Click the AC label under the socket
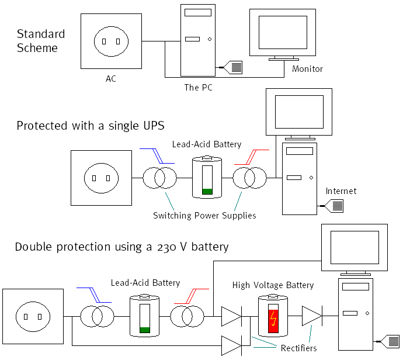pyautogui.click(x=111, y=78)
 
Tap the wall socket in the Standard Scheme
pyautogui.click(x=111, y=41)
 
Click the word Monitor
pyautogui.click(x=307, y=69)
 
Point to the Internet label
pyautogui.click(x=341, y=191)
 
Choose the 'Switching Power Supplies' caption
pyautogui.click(x=204, y=216)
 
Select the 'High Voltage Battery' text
pyautogui.click(x=273, y=285)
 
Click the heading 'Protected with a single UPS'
pyautogui.click(x=91, y=126)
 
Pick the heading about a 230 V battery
pyautogui.click(x=122, y=247)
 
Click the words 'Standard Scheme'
pyautogui.click(x=40, y=41)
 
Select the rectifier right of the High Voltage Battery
pyautogui.click(x=311, y=316)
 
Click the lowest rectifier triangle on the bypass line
pyautogui.click(x=231, y=345)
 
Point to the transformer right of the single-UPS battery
pyautogui.click(x=249, y=177)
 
